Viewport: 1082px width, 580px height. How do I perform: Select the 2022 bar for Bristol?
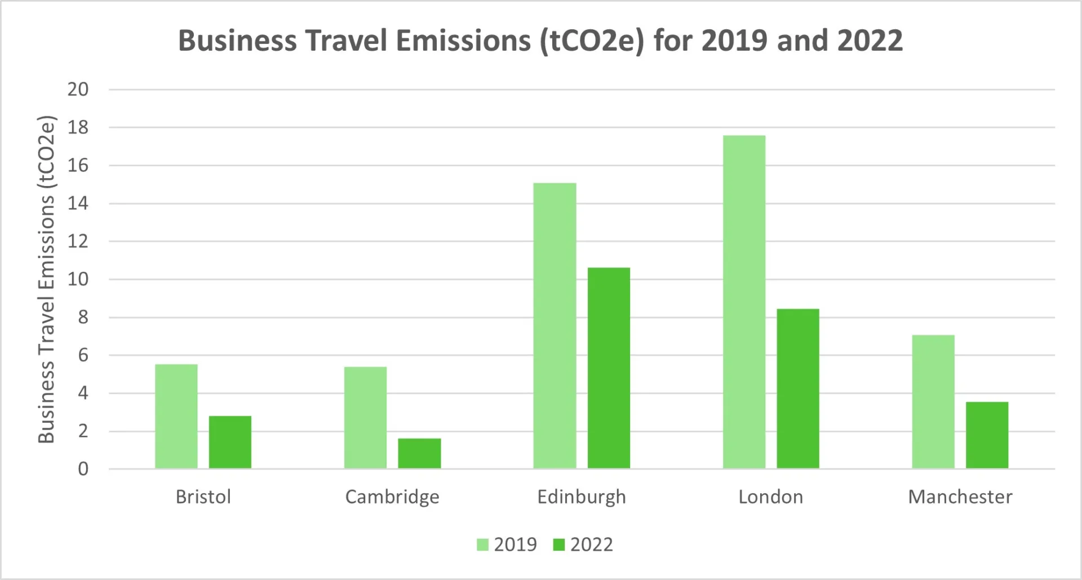coord(230,442)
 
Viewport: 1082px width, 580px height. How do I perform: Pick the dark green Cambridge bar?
coord(419,453)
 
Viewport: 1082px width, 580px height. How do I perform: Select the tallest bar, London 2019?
coord(744,302)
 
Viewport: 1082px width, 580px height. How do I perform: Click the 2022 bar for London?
coord(798,388)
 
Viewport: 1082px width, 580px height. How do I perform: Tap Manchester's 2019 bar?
coord(933,401)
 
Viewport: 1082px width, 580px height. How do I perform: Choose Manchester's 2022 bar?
coord(987,435)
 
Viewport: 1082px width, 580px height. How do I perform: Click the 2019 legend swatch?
coord(482,544)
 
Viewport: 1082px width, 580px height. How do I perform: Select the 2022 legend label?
coord(591,544)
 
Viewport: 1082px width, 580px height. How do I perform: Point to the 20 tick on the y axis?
coord(78,89)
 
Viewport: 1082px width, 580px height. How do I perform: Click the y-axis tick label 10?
coord(78,279)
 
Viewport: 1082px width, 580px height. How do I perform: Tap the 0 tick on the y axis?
coord(83,468)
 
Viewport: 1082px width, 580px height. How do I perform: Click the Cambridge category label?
coord(392,497)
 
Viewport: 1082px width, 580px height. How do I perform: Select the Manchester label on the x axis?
coord(960,497)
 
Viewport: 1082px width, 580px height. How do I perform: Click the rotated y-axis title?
coord(46,279)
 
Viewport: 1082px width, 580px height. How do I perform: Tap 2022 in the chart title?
coord(870,41)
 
